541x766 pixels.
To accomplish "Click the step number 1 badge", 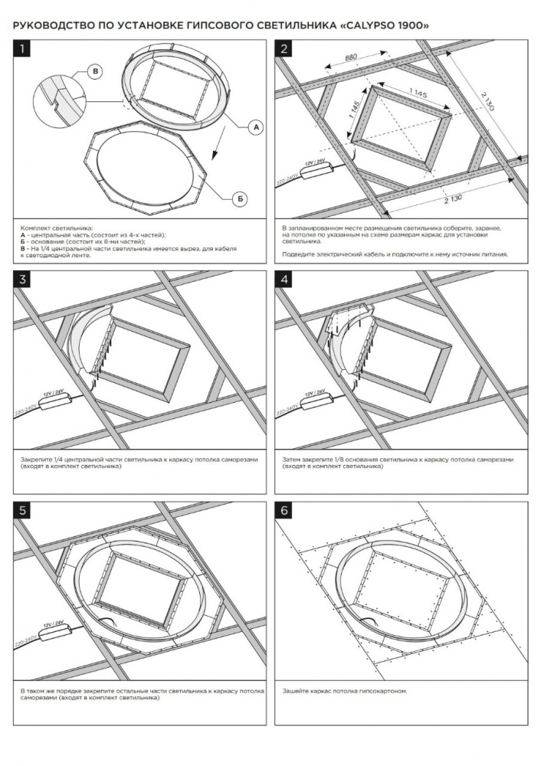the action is point(22,48).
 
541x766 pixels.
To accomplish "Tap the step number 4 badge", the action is point(284,280).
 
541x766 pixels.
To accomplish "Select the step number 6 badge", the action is point(284,511).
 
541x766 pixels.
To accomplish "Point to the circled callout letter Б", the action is point(240,199).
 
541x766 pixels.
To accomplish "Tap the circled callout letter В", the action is point(95,72).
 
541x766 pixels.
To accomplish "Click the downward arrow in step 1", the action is point(218,142).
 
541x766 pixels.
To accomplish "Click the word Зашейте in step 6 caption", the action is point(295,691).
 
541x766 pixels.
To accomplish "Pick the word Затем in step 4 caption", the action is point(291,459).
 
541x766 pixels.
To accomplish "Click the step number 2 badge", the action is point(284,48).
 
